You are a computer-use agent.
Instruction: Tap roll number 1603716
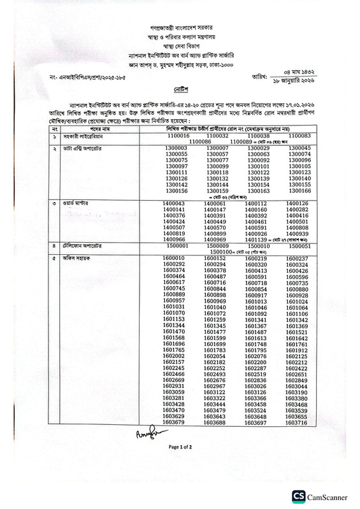tap(297, 422)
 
